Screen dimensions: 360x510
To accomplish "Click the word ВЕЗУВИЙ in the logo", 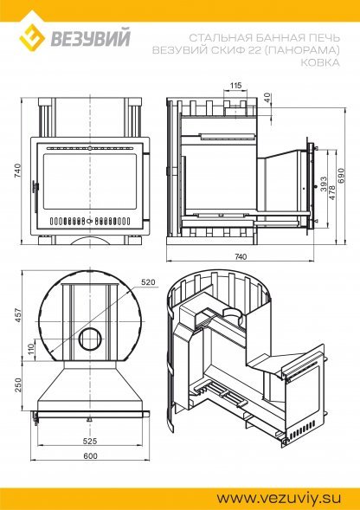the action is click(x=90, y=37).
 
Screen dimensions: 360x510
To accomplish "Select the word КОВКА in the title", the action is click(x=319, y=62).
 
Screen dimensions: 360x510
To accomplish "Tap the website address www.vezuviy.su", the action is click(x=279, y=498).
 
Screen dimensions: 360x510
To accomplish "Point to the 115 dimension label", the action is click(x=235, y=86).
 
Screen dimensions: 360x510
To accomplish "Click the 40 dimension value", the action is click(x=267, y=98).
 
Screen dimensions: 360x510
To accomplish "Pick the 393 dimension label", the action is click(x=324, y=184).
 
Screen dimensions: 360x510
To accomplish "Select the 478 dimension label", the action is click(x=332, y=193).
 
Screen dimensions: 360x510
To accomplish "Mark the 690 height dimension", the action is click(x=340, y=176).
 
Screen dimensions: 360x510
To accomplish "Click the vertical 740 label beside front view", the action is click(x=17, y=171).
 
